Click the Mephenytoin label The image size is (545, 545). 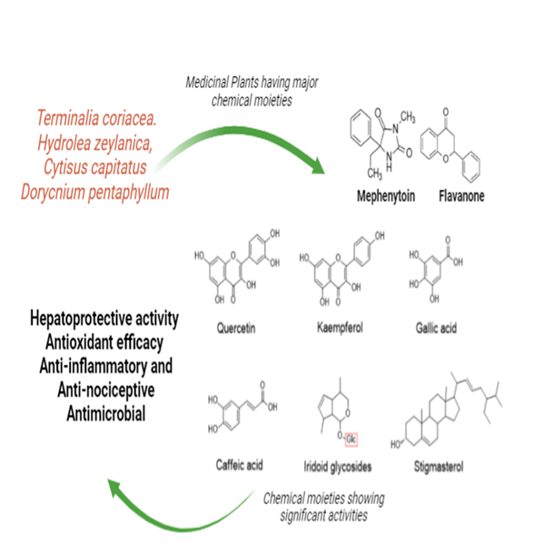382,196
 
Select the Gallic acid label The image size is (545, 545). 440,328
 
